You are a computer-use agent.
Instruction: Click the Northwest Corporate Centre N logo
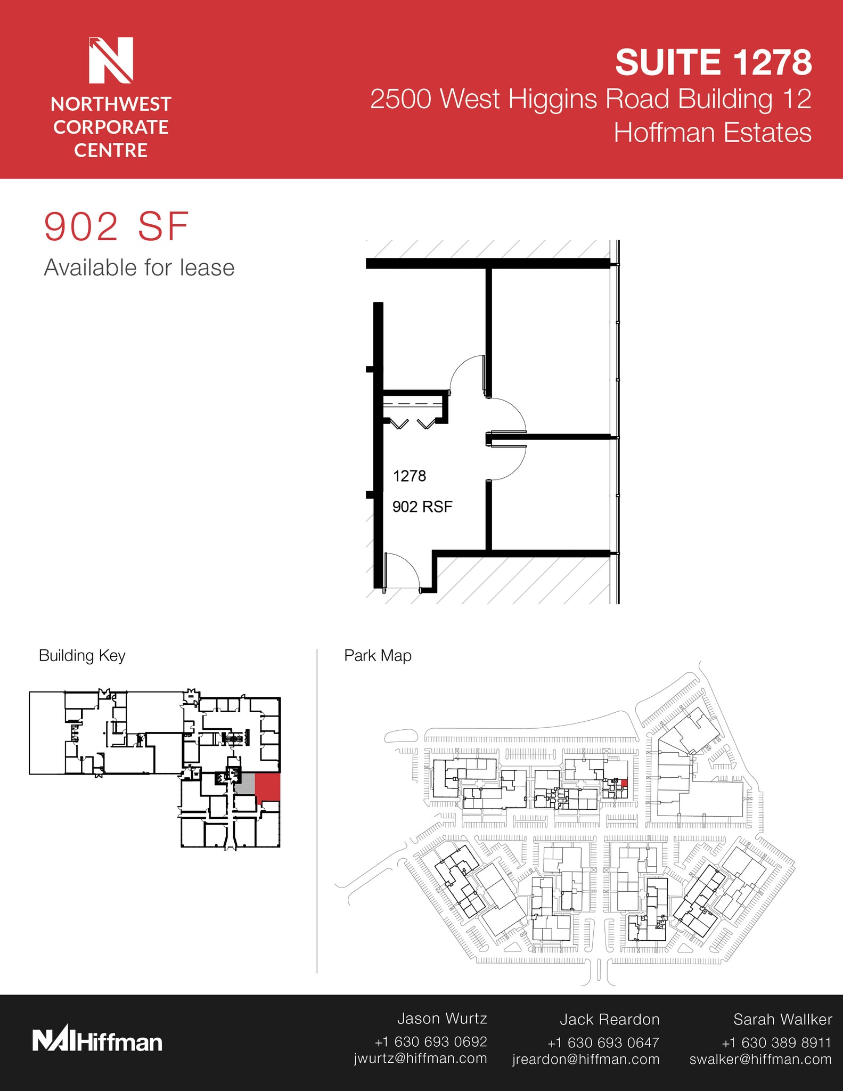(x=111, y=60)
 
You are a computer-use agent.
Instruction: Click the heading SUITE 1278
(x=713, y=62)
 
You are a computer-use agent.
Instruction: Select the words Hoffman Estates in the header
(x=712, y=133)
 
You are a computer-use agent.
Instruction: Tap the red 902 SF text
(x=116, y=227)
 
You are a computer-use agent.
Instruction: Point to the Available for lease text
(x=139, y=267)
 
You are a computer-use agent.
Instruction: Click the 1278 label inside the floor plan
(x=409, y=476)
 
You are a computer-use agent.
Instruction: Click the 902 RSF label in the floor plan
(x=422, y=507)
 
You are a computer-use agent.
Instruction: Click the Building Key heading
(x=82, y=655)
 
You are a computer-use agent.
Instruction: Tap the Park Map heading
(x=378, y=655)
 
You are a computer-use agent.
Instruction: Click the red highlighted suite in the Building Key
(x=268, y=786)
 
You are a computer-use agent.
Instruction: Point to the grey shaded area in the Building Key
(x=245, y=784)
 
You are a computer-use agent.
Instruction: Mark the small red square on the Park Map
(x=624, y=783)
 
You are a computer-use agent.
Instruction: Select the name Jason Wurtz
(x=441, y=1019)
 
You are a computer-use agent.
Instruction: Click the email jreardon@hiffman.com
(x=586, y=1060)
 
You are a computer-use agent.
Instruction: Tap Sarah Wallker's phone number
(x=776, y=1043)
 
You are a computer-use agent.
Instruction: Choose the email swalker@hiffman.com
(x=760, y=1060)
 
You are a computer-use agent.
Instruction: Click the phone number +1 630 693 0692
(x=430, y=1041)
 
